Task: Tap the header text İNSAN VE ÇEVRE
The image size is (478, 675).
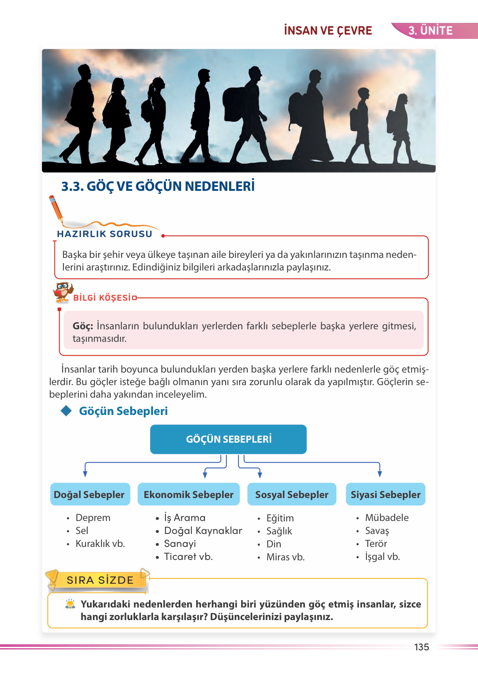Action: pyautogui.click(x=328, y=31)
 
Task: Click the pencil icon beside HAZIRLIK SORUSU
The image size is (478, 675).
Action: pyautogui.click(x=56, y=209)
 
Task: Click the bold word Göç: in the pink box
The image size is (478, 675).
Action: pyautogui.click(x=83, y=326)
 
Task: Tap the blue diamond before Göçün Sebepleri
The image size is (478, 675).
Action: pyautogui.click(x=67, y=411)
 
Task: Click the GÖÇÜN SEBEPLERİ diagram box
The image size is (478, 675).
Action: pyautogui.click(x=228, y=439)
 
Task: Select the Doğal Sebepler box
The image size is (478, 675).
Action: pyautogui.click(x=89, y=495)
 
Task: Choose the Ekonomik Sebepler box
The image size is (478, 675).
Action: pyautogui.click(x=188, y=495)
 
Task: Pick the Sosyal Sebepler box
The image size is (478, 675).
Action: pyautogui.click(x=292, y=495)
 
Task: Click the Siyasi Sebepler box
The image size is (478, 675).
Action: pyautogui.click(x=386, y=495)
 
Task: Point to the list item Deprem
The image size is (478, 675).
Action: pyautogui.click(x=93, y=518)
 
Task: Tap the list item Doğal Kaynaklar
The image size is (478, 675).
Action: pyautogui.click(x=203, y=531)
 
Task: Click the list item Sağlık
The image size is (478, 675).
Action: pyautogui.click(x=279, y=531)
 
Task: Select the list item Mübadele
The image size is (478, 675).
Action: pyautogui.click(x=387, y=518)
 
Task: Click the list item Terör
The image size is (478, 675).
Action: pyautogui.click(x=376, y=544)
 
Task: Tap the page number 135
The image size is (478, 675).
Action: pyautogui.click(x=421, y=647)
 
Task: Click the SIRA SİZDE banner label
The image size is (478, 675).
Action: pyautogui.click(x=100, y=580)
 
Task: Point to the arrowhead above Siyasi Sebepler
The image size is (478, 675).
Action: pyautogui.click(x=379, y=474)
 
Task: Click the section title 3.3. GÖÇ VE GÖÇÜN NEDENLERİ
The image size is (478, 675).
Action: pyautogui.click(x=158, y=186)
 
